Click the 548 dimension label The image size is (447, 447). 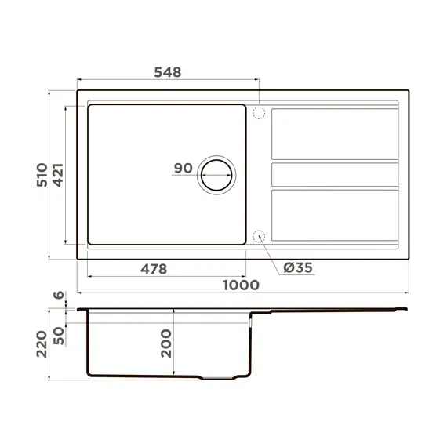(166, 72)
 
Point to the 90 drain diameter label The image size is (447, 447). (184, 168)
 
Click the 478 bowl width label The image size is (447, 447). (153, 269)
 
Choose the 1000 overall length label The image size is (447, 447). (240, 285)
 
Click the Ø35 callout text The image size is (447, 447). (298, 268)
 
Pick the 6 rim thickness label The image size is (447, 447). (57, 296)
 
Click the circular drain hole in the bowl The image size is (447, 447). (216, 174)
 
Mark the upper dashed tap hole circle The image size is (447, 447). (259, 112)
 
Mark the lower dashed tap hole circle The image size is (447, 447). (259, 236)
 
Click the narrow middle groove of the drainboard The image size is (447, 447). (335, 174)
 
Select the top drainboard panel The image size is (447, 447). (335, 133)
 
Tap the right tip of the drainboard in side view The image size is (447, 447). (405, 311)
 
